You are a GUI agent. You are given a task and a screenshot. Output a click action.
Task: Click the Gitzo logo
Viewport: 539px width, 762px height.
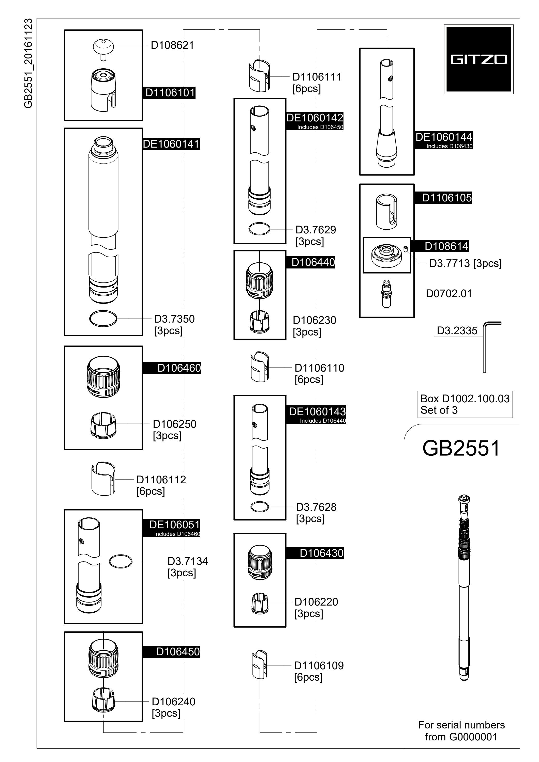coord(478,59)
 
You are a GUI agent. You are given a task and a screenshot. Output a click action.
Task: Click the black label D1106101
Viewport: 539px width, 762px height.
coord(170,93)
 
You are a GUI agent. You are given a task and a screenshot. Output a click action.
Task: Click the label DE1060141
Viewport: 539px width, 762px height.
coord(171,144)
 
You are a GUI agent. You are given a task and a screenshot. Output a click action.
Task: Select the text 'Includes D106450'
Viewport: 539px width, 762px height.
coord(320,127)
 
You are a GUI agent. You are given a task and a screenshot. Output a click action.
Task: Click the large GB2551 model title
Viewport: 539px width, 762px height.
coord(461,448)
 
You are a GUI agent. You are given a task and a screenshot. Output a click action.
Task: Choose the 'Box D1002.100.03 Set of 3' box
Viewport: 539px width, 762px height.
coord(465,404)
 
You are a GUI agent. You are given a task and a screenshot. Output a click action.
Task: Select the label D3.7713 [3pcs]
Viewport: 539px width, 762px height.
coord(465,263)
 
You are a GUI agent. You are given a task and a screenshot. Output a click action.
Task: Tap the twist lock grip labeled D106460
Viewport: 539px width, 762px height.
coord(103,377)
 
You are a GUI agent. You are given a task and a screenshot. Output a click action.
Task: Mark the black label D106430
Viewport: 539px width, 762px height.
coord(315,553)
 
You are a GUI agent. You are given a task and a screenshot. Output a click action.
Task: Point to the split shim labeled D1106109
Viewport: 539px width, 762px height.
coord(260,665)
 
